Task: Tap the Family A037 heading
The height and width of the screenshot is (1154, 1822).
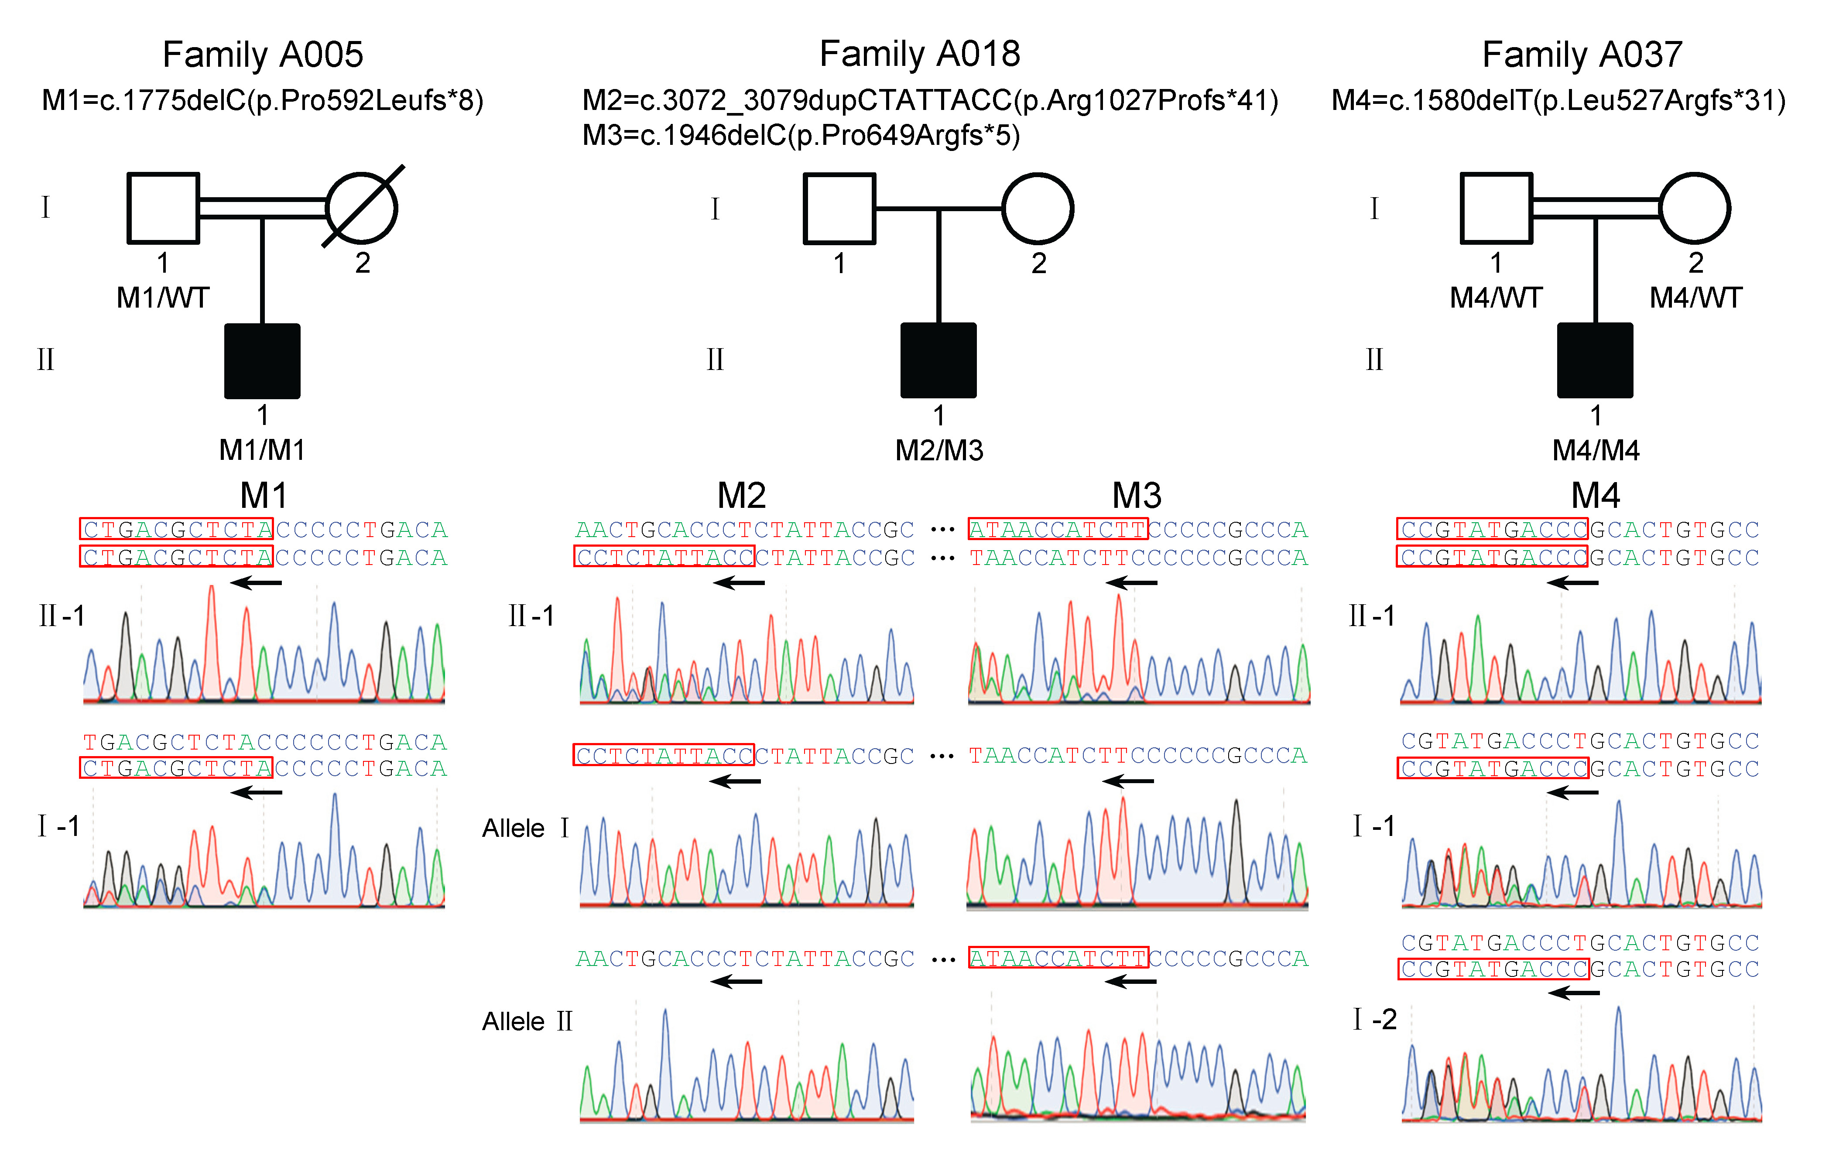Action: pyautogui.click(x=1582, y=55)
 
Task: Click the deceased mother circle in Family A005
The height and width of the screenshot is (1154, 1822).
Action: pyautogui.click(x=362, y=208)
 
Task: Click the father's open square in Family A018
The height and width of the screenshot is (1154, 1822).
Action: pyautogui.click(x=839, y=209)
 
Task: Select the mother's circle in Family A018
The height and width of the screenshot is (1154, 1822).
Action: pyautogui.click(x=1038, y=209)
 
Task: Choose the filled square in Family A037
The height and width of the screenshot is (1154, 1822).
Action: pyautogui.click(x=1595, y=361)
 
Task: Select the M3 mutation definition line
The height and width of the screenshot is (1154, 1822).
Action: pyautogui.click(x=801, y=135)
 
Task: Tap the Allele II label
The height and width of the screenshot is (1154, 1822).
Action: pyautogui.click(x=527, y=1021)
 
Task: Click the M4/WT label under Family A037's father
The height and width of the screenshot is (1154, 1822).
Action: pyautogui.click(x=1496, y=298)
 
